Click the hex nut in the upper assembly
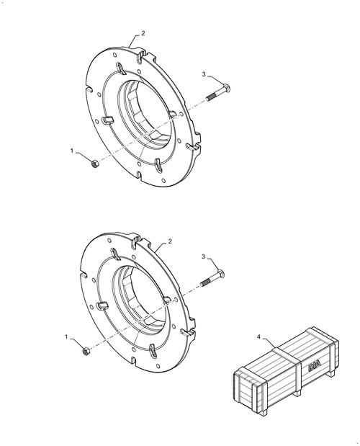point(94,164)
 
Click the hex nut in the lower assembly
point(86,351)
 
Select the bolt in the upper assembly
point(217,92)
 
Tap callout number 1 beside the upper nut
point(72,151)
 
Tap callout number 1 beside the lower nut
point(66,336)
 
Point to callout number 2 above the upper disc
point(143,33)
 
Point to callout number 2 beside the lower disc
point(170,241)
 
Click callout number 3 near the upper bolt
point(204,74)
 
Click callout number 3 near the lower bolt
point(203,257)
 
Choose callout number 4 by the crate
point(258,336)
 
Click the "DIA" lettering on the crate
point(314,365)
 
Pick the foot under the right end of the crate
point(331,375)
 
